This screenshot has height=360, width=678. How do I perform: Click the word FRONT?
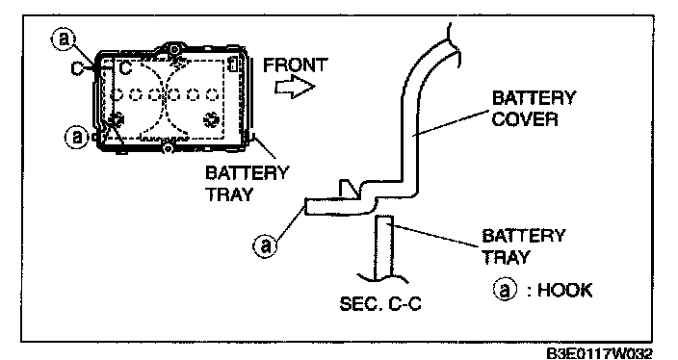296,65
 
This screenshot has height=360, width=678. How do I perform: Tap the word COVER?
525,118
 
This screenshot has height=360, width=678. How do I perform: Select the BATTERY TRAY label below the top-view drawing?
247,183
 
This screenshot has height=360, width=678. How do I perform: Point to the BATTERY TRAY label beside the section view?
523,246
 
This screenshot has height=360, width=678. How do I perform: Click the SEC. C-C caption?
380,304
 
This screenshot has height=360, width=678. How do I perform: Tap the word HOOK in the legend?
565,290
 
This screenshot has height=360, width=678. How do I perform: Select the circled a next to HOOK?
505,290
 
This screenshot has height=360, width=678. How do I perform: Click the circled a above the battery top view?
64,39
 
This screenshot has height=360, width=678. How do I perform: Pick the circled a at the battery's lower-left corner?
76,138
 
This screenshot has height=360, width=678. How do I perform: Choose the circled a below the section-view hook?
265,245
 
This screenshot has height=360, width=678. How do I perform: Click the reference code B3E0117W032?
599,353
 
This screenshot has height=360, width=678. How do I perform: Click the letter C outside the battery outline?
77,68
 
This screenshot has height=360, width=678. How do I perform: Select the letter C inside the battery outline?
125,67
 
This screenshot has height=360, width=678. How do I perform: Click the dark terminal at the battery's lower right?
211,119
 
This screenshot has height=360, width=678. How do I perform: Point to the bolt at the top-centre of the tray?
173,49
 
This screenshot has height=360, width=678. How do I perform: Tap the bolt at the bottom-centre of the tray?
167,148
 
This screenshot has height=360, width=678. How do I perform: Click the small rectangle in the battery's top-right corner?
232,64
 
